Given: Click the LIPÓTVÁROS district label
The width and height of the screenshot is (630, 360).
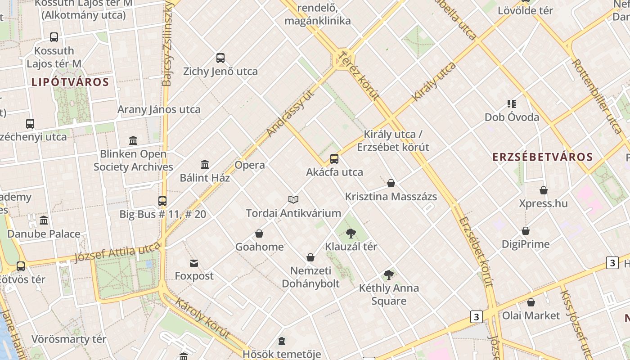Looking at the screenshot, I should tap(70, 82).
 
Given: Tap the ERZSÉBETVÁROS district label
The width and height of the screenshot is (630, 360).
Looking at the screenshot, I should tap(542, 157).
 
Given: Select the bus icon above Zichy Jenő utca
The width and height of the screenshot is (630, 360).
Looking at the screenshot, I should tap(220, 58).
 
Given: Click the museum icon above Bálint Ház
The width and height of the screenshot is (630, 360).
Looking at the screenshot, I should tap(205, 164).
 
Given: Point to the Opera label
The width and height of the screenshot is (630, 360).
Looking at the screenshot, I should tap(250, 165).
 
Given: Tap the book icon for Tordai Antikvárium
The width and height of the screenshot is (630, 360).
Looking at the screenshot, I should tap(293, 199).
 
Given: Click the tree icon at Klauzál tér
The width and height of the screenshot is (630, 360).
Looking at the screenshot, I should tap(351, 234).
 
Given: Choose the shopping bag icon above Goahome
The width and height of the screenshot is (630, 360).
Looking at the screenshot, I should tap(259, 234).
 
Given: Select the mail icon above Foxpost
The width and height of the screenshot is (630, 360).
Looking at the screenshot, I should tap(194, 263).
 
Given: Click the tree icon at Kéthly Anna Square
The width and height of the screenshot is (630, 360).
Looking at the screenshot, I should tap(389, 275).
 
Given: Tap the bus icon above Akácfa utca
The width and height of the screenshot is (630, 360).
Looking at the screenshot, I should tap(334, 159).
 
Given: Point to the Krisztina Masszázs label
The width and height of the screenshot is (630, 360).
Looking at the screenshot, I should tap(391, 197).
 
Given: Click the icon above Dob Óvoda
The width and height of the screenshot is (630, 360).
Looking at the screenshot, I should tap(512, 104).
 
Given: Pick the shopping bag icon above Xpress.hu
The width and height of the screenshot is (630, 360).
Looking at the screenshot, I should tap(544, 190).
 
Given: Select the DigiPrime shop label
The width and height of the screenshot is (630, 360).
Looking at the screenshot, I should tap(526, 244).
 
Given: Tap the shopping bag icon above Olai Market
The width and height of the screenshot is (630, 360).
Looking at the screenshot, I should tap(531, 302).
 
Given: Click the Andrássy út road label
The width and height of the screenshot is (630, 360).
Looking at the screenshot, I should tap(290, 112).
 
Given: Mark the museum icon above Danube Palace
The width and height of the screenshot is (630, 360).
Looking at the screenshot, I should tap(44, 220).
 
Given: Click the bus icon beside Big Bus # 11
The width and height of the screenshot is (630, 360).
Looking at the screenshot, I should tap(162, 201).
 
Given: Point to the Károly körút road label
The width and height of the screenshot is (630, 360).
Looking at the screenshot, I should tap(202, 318).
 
